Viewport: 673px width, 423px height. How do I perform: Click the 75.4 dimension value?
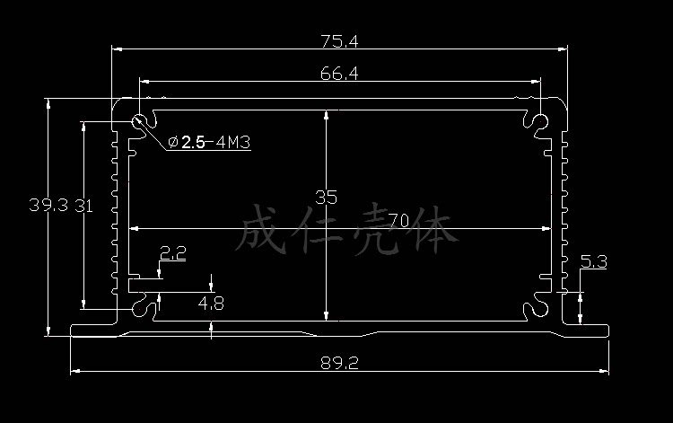coord(339,40)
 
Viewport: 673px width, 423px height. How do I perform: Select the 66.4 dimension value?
coord(339,75)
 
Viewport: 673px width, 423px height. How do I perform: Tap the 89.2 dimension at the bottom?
coord(339,363)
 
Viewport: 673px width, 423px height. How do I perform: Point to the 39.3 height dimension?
coord(48,205)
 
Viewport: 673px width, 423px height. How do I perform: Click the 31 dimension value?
coord(84,205)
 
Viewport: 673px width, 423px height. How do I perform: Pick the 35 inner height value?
coord(326,196)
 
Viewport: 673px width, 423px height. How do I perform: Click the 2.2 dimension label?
coord(173,254)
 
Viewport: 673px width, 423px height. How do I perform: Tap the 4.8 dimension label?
coord(211,304)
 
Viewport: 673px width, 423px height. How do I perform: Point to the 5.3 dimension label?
coord(594,261)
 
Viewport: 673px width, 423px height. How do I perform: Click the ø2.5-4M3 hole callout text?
coord(208,142)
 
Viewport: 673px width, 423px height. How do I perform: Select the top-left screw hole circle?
coord(140,123)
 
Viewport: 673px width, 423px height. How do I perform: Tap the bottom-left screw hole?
coord(142,309)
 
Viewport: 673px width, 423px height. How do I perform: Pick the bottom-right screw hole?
coord(537,309)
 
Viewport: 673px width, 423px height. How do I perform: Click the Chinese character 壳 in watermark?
coord(376,229)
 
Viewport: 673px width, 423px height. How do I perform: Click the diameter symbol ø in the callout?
coord(173,142)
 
